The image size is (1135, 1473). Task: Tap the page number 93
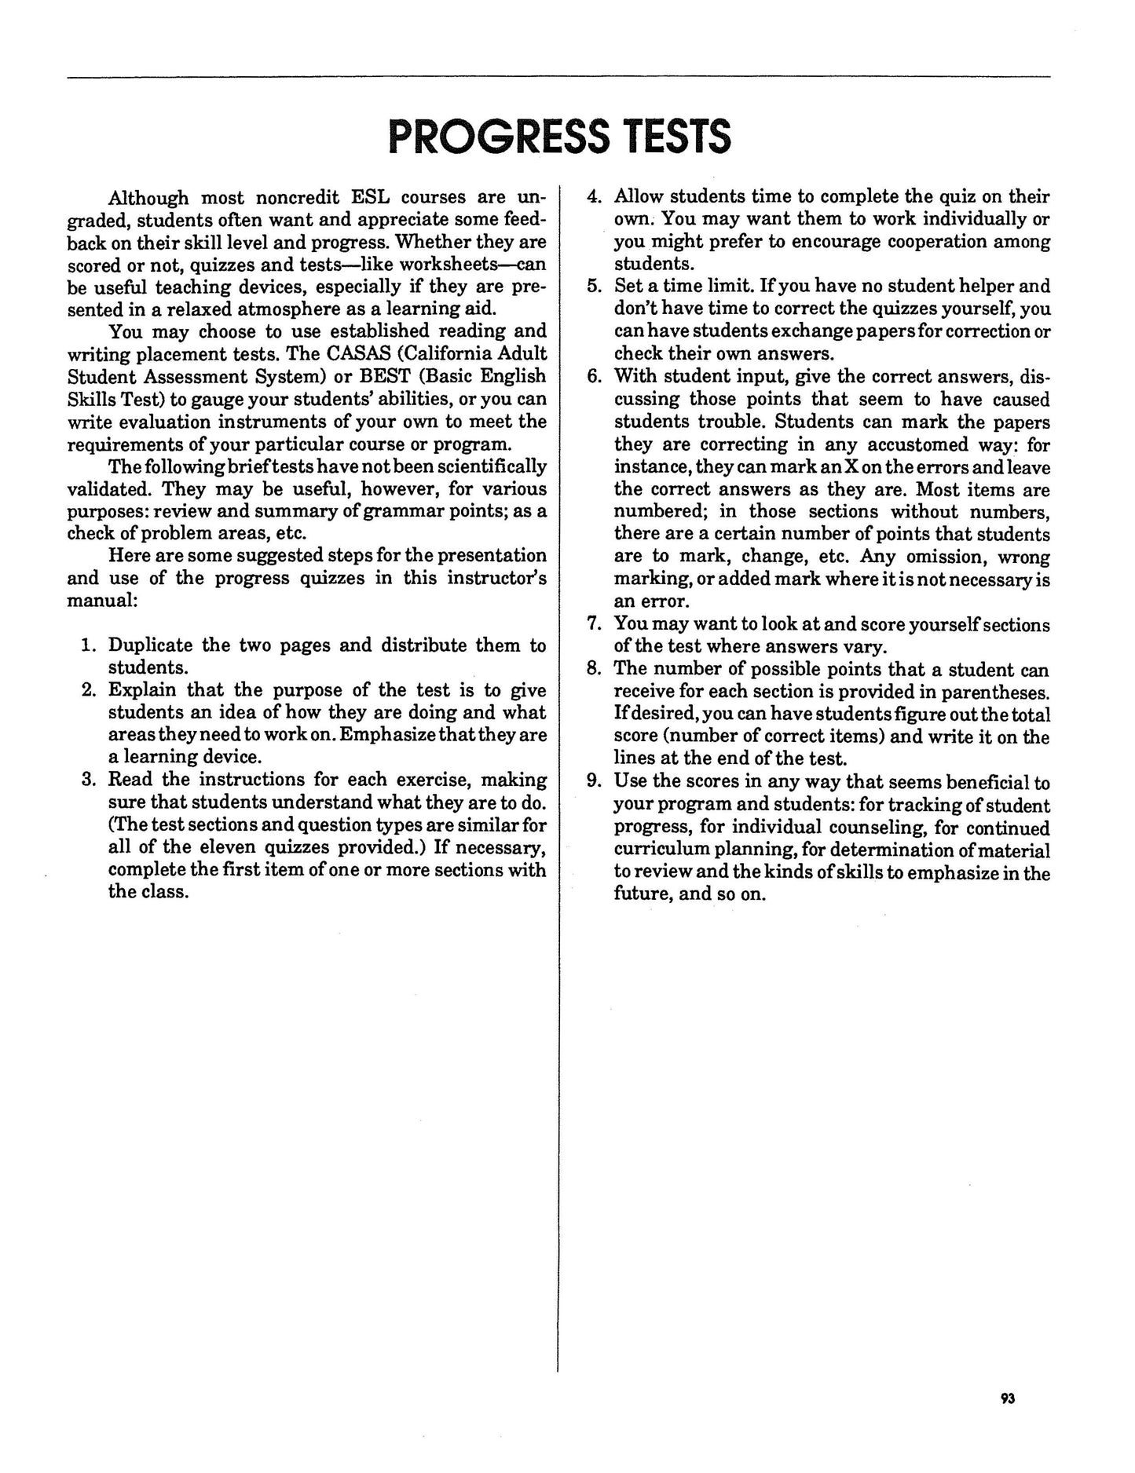click(x=1009, y=1398)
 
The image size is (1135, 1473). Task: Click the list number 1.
click(x=89, y=645)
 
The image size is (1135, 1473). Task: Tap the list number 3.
click(x=89, y=780)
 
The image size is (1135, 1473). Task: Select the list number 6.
click(x=595, y=376)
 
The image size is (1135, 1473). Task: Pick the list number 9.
click(x=595, y=782)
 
